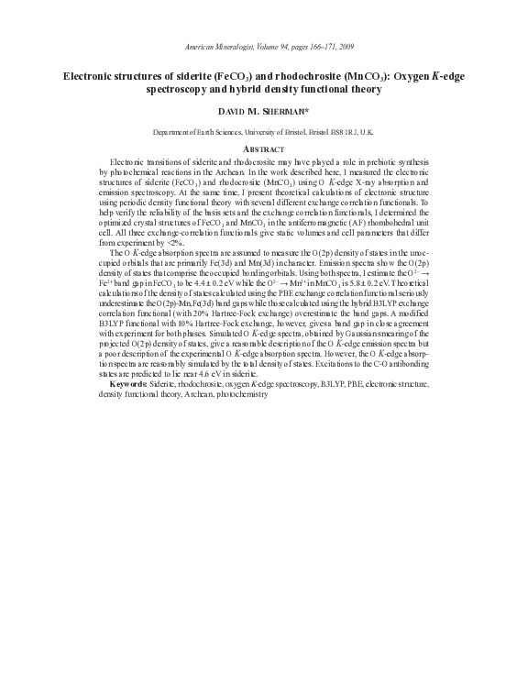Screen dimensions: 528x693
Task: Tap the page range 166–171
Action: tap(303, 46)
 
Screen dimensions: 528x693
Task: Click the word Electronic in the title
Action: tap(95, 77)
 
